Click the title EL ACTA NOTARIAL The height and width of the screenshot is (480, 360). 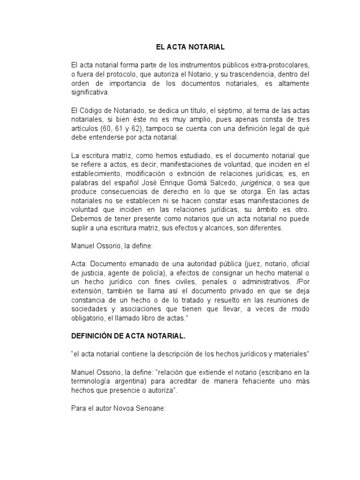(190, 47)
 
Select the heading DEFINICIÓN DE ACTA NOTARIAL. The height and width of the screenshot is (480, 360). (128, 336)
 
